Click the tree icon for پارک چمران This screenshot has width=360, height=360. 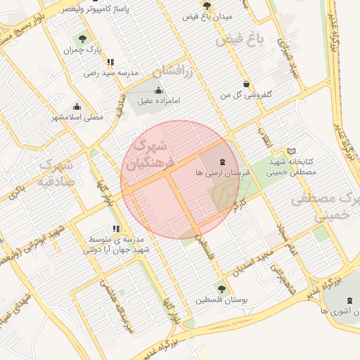tap(83, 39)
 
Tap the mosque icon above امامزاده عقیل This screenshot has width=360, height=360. tap(157, 90)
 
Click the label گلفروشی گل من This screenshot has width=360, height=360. tap(246, 94)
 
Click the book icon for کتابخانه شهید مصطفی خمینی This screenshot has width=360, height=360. tap(291, 151)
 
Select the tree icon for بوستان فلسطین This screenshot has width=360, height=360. tap(221, 288)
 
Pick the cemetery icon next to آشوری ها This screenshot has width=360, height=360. tap(349, 300)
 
